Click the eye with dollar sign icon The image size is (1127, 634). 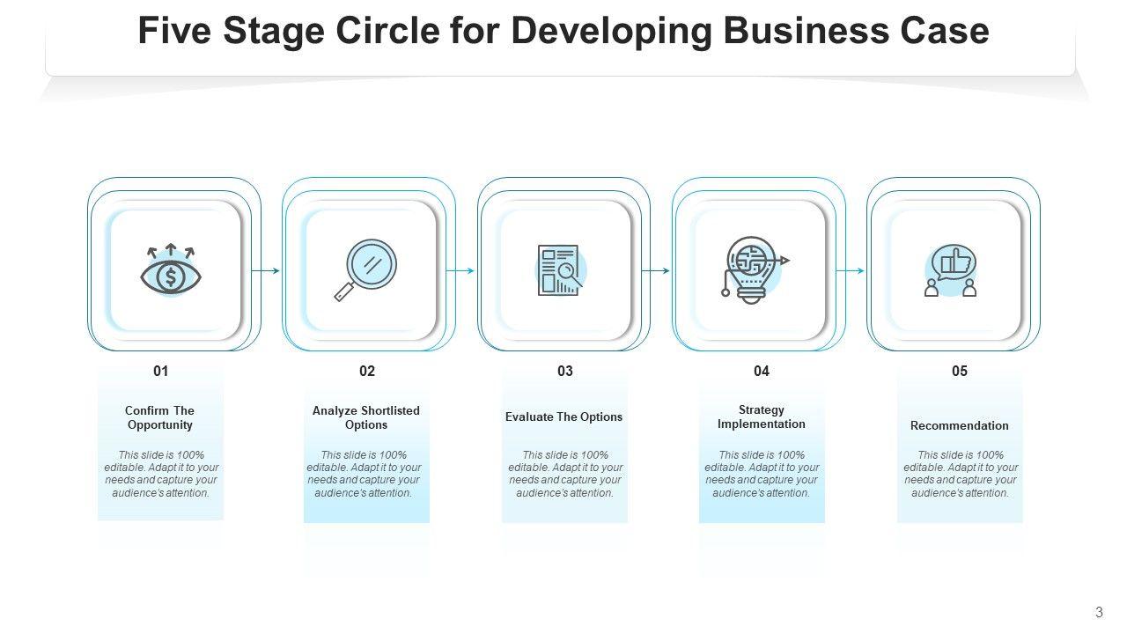(x=171, y=270)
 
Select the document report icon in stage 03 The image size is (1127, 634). (x=560, y=270)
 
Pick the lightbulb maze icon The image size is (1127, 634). (x=753, y=269)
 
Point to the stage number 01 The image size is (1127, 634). (x=160, y=372)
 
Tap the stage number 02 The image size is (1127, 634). (x=367, y=372)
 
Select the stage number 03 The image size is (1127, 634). (x=565, y=372)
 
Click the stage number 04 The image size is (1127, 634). (x=762, y=372)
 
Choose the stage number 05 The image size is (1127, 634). (x=960, y=372)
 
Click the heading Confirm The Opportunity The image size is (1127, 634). (x=159, y=417)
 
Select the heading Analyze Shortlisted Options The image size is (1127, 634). (x=366, y=417)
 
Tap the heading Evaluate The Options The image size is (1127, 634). (x=563, y=417)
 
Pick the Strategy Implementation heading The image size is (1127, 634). (x=762, y=417)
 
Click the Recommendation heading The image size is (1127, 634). (x=960, y=425)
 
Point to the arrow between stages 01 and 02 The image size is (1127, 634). (x=266, y=270)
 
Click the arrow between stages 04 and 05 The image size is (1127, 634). (x=850, y=270)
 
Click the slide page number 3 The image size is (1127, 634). (x=1099, y=613)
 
